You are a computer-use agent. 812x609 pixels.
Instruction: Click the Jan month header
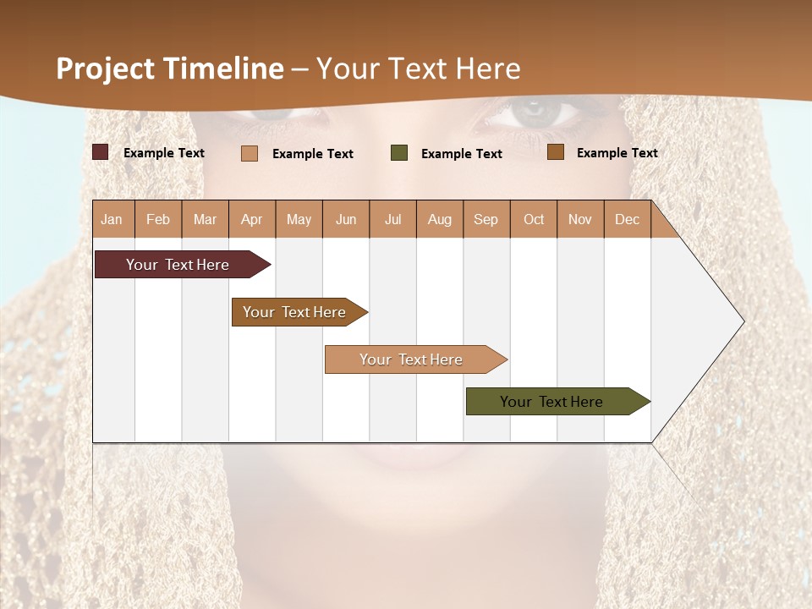tap(112, 219)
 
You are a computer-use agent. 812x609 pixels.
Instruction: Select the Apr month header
tap(251, 219)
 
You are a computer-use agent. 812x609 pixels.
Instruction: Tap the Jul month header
tap(392, 219)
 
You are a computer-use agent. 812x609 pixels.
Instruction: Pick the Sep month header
tap(486, 219)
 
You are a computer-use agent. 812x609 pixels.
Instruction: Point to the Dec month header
tap(627, 219)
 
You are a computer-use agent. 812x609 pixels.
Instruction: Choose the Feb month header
tap(158, 219)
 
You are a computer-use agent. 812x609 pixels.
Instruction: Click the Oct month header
tap(534, 219)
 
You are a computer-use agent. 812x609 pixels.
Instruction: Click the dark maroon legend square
tap(101, 152)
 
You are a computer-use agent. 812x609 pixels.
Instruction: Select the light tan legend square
tap(250, 153)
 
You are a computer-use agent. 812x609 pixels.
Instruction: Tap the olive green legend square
tap(399, 153)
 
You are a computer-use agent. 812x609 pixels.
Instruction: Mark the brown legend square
tap(556, 152)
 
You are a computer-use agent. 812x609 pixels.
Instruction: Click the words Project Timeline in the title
tap(169, 69)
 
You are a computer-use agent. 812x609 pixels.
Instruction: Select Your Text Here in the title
tap(419, 69)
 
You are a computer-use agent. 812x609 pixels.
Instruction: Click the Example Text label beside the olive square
tap(461, 153)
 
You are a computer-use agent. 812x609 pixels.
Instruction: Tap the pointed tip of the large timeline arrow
tap(742, 321)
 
